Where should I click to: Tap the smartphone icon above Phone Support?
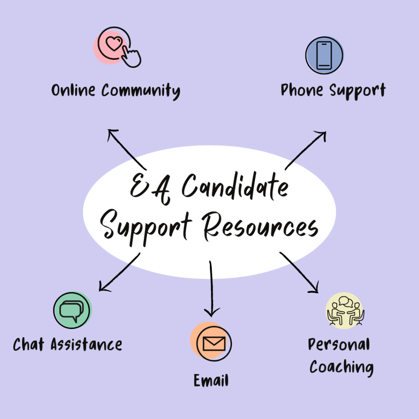click(x=324, y=55)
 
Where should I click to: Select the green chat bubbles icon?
click(x=72, y=311)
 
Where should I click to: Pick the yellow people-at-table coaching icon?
click(x=345, y=311)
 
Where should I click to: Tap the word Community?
click(x=140, y=91)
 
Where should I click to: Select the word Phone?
click(x=302, y=90)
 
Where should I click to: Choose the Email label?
click(x=211, y=381)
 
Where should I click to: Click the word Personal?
click(x=339, y=345)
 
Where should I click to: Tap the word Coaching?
click(x=341, y=367)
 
